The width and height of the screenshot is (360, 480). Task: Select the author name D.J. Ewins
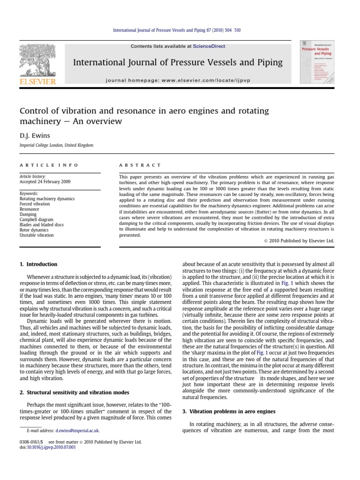coord(32,136)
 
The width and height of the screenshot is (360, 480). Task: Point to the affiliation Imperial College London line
coord(56,145)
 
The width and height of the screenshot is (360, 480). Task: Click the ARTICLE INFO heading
coord(49,165)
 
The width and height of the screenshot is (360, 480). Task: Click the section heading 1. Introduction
coord(38,264)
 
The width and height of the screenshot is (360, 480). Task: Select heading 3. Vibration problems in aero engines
coord(229,411)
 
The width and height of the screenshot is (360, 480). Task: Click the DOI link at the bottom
coord(51,447)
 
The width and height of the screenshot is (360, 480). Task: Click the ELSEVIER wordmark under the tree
coord(37,82)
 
